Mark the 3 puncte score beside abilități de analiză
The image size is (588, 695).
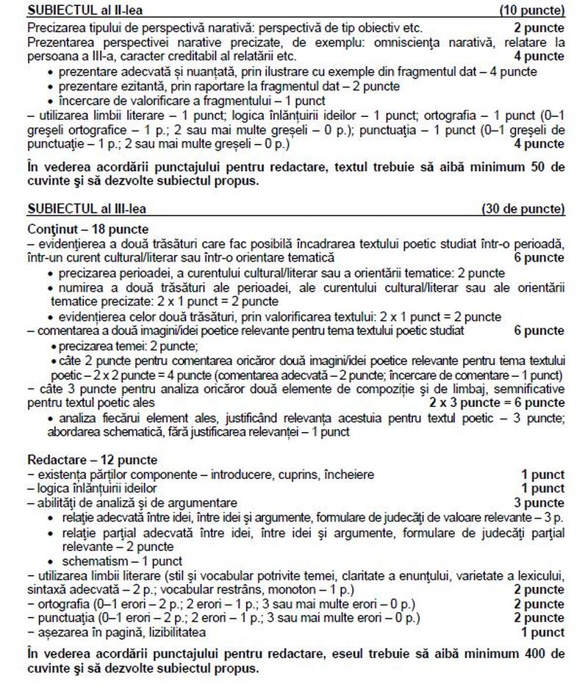(539, 503)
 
